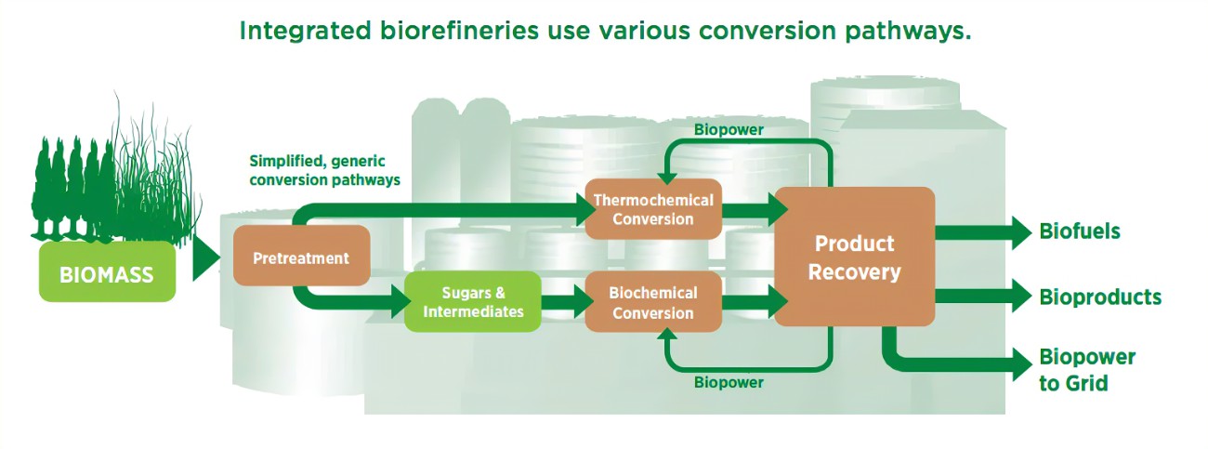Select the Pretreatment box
301,257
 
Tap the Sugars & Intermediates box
472,302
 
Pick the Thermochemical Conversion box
653,210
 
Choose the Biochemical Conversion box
653,303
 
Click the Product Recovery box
854,258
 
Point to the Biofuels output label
1079,231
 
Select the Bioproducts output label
1100,297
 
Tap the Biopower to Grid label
1086,370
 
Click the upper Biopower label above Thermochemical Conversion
729,130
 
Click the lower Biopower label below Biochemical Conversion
729,383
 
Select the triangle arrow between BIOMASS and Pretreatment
205,258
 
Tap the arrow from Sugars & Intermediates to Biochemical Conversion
563,302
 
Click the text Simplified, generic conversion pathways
324,170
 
